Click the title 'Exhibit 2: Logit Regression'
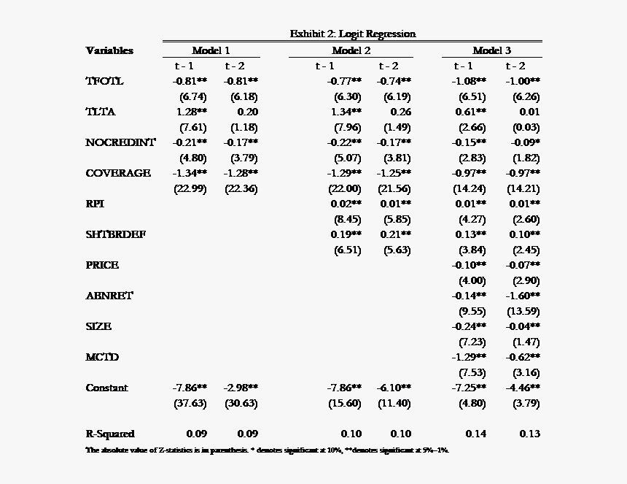coord(352,34)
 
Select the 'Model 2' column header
coord(351,50)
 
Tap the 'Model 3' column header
coord(491,50)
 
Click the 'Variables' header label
coord(109,50)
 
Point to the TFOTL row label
coord(104,81)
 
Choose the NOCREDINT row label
coord(120,142)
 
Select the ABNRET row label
coord(109,296)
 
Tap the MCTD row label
coord(102,357)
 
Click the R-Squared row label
coord(110,434)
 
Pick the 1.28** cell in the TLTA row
coord(192,112)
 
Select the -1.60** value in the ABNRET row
coord(523,296)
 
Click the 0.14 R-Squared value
coord(475,434)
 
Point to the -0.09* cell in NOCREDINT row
coord(524,142)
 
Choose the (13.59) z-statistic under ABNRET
coord(525,311)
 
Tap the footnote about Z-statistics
coord(267,450)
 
